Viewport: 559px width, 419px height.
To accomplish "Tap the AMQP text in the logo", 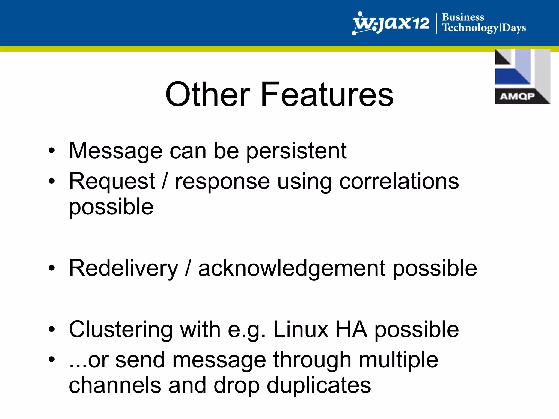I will pyautogui.click(x=517, y=96).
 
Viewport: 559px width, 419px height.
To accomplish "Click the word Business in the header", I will pyautogui.click(x=463, y=17).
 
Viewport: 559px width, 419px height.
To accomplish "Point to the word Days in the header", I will pyautogui.click(x=514, y=28).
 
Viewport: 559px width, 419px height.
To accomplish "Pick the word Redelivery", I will pyautogui.click(x=123, y=269).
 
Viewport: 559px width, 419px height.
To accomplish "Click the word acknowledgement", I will pyautogui.click(x=292, y=269).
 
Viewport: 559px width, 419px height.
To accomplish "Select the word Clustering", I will pyautogui.click(x=121, y=330).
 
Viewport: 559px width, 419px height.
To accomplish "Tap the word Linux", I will pyautogui.click(x=301, y=330).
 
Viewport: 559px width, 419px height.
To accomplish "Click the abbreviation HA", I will pyautogui.click(x=351, y=330).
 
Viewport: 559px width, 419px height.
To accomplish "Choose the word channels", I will pyautogui.click(x=115, y=385).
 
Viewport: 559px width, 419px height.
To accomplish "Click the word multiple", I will pyautogui.click(x=398, y=360).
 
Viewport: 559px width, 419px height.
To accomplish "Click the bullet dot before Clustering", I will pyautogui.click(x=52, y=329).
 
